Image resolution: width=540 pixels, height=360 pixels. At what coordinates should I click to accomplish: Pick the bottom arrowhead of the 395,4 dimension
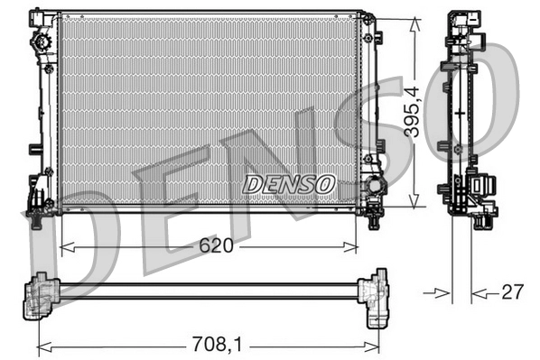[413, 201]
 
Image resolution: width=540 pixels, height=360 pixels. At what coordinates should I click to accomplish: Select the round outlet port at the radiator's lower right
[370, 189]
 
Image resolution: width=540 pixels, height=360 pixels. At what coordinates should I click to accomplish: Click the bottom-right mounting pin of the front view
[373, 214]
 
